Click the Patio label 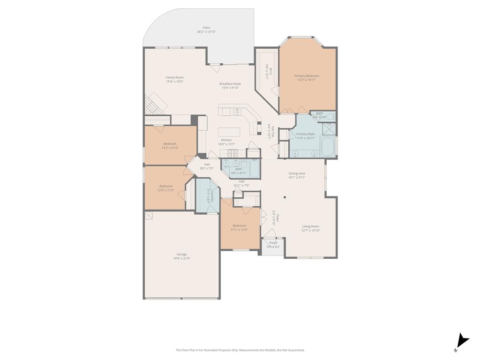pos(206,28)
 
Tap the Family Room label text pos(174,78)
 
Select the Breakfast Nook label pos(230,84)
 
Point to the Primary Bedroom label pos(307,76)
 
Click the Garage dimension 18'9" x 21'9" pos(181,258)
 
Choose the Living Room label pos(310,226)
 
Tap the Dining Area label pos(297,174)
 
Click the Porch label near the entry pos(273,243)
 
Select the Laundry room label pos(212,195)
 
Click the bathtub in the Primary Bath pos(328,147)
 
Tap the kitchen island pos(229,132)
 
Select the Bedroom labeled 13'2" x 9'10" pos(170,144)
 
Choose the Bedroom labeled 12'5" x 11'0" pos(165,186)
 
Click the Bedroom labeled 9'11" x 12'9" pos(239,226)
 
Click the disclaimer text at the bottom pos(240,350)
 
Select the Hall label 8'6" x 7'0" pos(207,165)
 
